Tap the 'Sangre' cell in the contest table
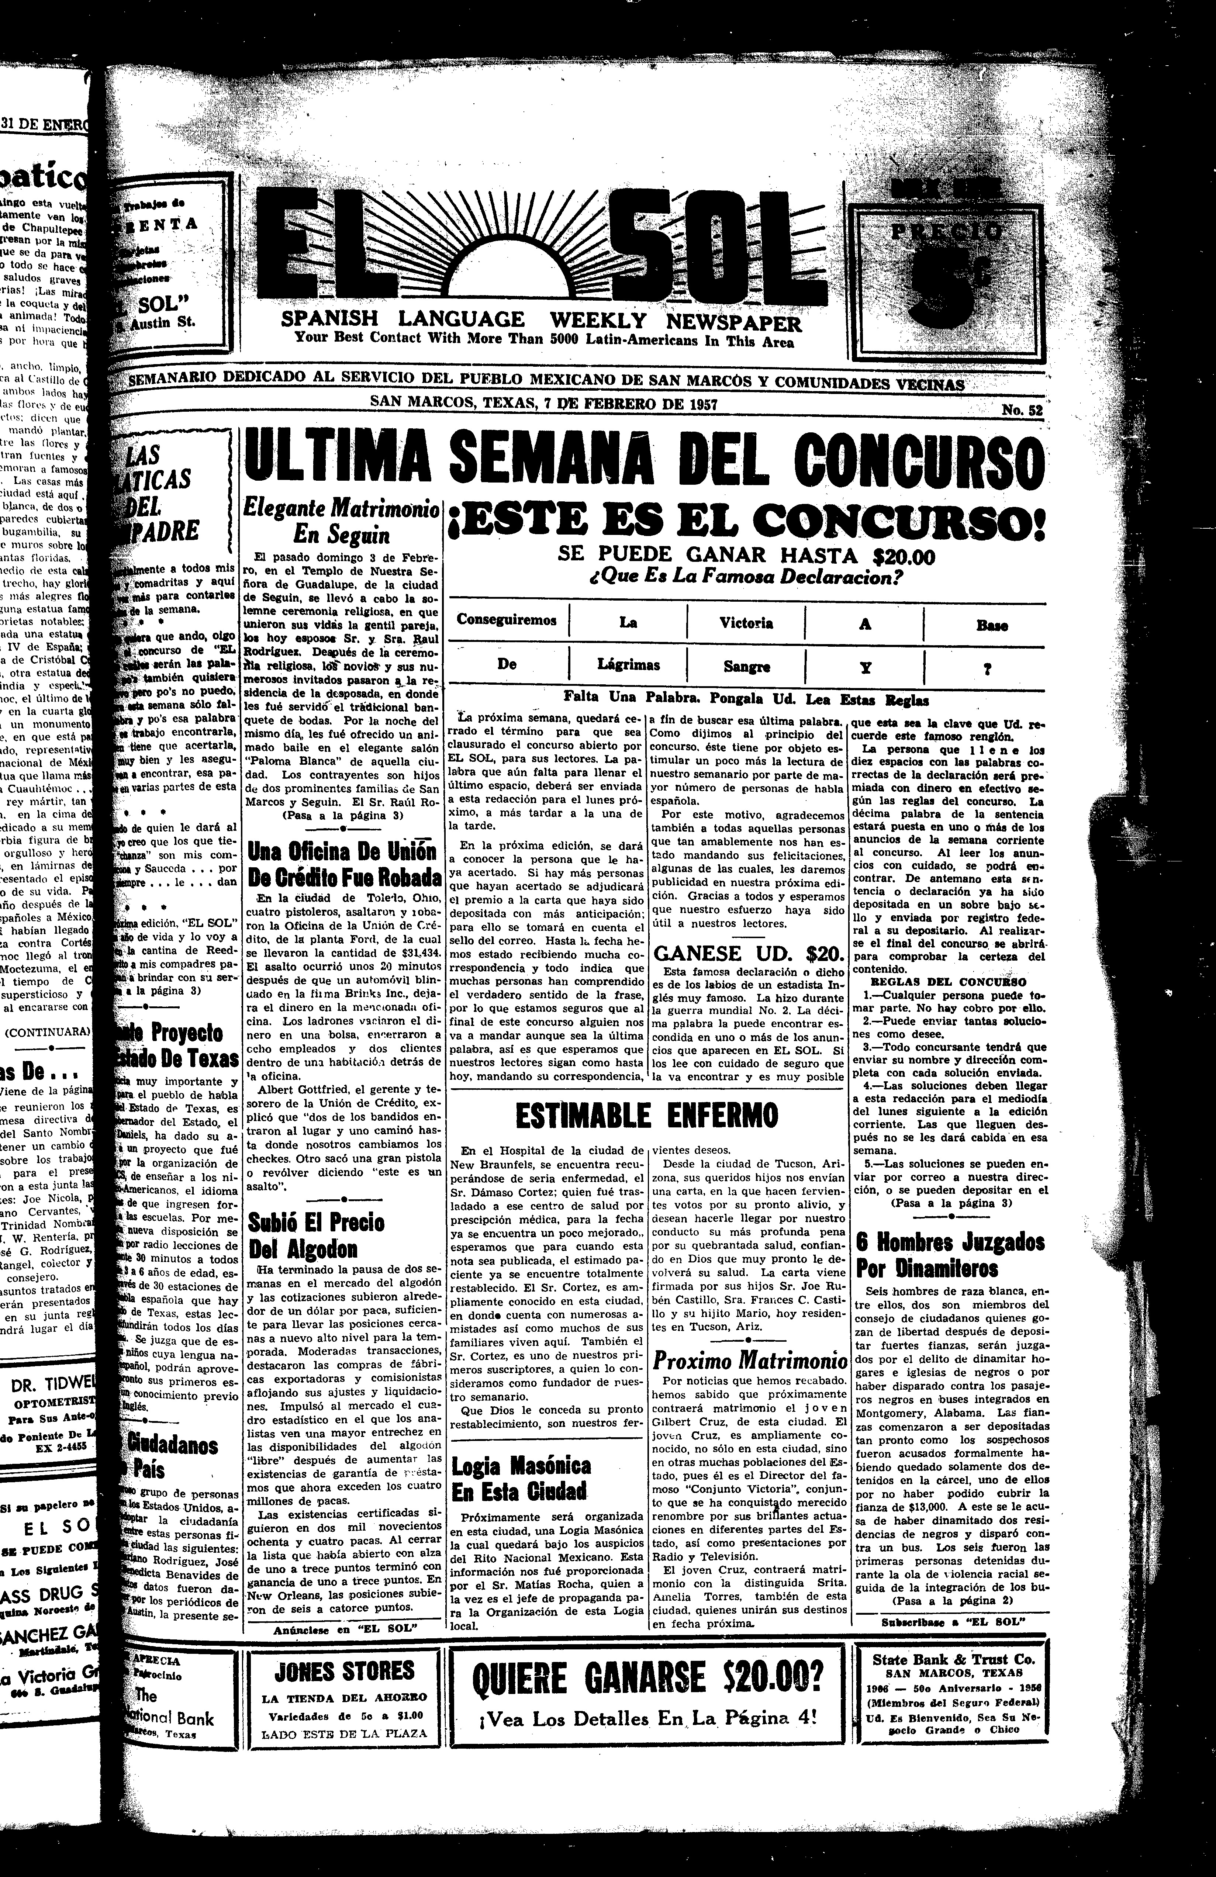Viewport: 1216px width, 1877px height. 746,666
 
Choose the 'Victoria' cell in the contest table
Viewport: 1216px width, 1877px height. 746,623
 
